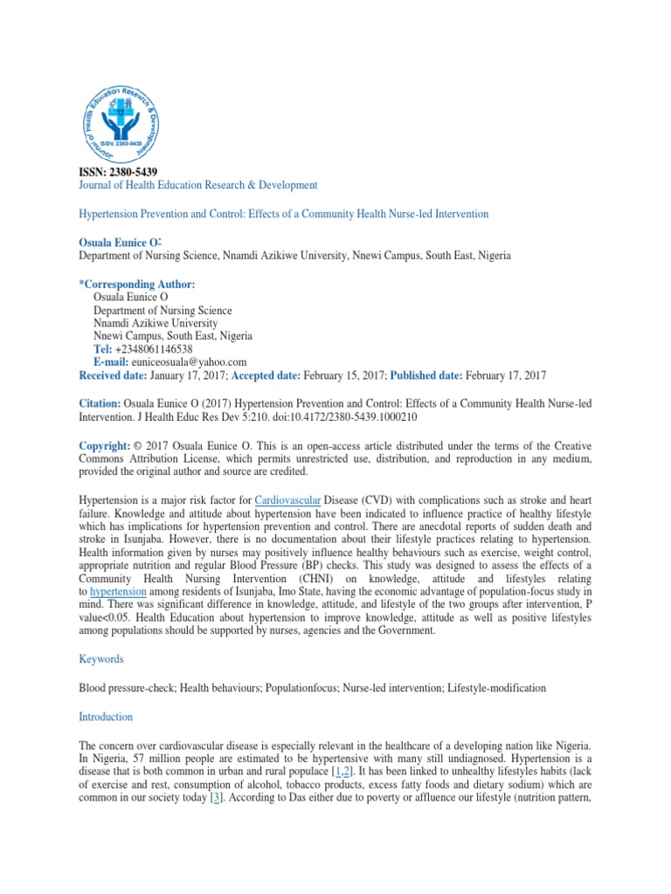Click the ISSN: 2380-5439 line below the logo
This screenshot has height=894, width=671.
[118, 172]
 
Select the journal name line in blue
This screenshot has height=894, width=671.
[198, 185]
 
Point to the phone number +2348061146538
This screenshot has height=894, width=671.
[153, 349]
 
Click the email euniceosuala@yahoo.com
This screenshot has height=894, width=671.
[188, 361]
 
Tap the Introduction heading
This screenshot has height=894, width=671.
[106, 717]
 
